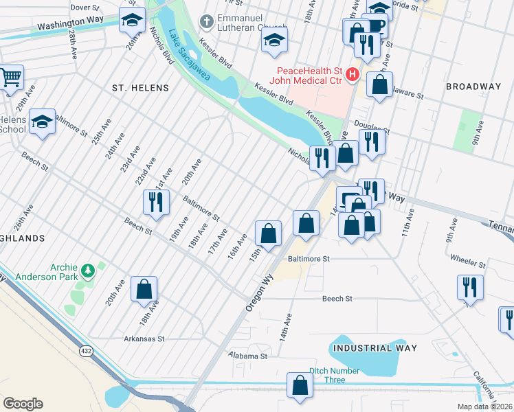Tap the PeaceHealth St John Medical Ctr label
pyautogui.click(x=309, y=76)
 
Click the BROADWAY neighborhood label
pyautogui.click(x=473, y=86)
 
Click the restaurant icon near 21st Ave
pyautogui.click(x=155, y=202)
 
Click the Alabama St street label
pyautogui.click(x=249, y=356)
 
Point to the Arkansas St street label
pyautogui.click(x=144, y=339)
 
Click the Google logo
pyautogui.click(x=23, y=403)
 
